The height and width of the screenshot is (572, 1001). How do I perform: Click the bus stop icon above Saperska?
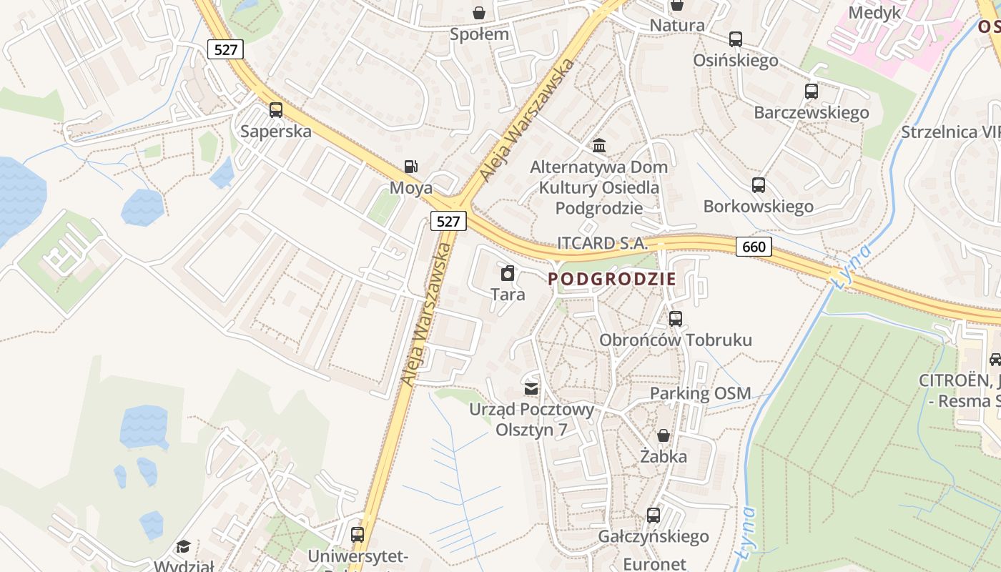click(x=276, y=110)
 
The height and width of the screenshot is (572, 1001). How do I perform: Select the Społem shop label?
click(x=479, y=34)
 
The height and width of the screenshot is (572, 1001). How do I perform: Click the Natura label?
click(x=676, y=26)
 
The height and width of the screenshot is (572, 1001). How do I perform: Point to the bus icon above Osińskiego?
click(x=736, y=39)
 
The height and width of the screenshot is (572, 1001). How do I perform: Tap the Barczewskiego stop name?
click(x=811, y=112)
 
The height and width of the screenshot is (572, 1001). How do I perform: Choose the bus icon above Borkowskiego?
click(x=759, y=185)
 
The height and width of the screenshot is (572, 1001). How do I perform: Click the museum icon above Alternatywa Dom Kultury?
click(x=599, y=146)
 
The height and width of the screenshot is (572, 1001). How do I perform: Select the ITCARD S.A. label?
click(x=602, y=243)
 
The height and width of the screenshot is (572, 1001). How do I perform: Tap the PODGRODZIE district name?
click(x=611, y=279)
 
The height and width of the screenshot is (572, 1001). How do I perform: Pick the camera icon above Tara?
click(x=508, y=273)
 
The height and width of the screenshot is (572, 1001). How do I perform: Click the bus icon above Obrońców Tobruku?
click(x=676, y=319)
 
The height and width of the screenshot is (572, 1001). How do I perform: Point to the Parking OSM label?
click(x=700, y=393)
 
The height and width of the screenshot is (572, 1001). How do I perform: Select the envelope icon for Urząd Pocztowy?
click(x=531, y=388)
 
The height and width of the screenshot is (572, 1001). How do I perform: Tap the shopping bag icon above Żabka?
click(x=664, y=435)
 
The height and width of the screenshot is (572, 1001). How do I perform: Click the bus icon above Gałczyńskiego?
click(x=653, y=516)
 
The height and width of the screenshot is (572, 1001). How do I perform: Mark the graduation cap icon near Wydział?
click(x=184, y=547)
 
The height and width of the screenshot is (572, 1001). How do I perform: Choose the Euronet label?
click(x=654, y=563)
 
